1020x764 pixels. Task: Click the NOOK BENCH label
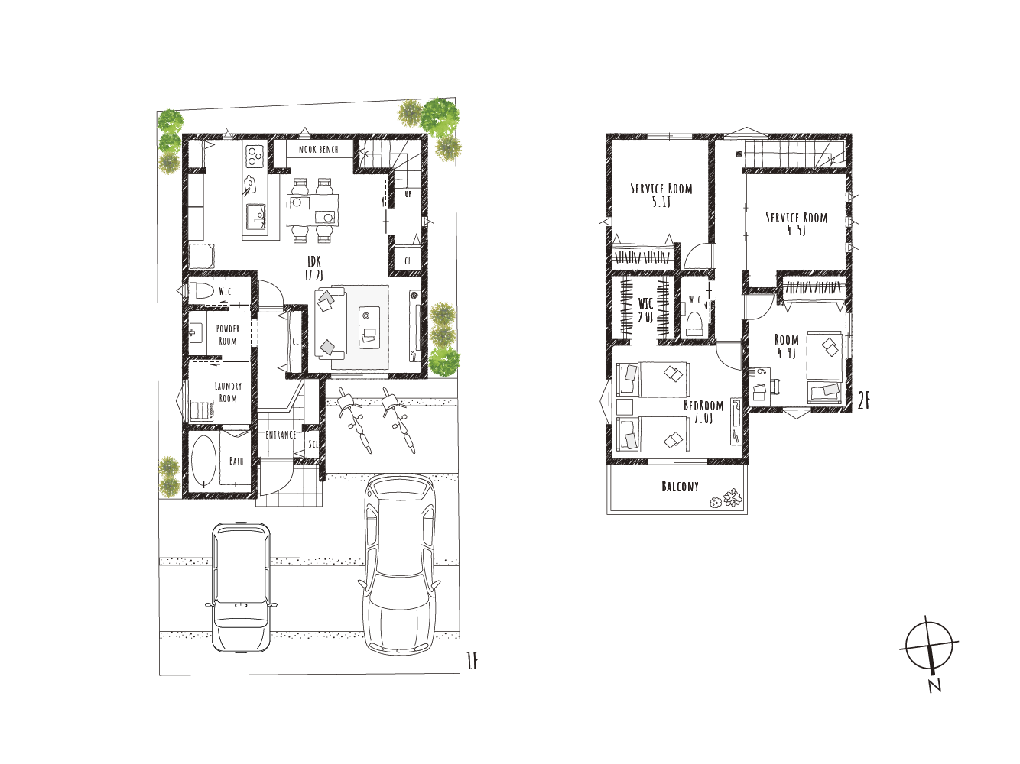[x=319, y=150]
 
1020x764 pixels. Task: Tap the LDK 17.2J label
[x=313, y=268]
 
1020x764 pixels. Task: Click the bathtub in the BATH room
[x=204, y=461]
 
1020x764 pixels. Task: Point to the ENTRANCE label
[x=281, y=435]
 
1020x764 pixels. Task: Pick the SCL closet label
[x=313, y=444]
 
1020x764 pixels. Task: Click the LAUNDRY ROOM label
[x=228, y=392]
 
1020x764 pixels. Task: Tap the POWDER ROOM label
[x=228, y=335]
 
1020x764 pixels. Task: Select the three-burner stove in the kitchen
[x=254, y=156]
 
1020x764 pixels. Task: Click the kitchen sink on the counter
[x=255, y=215]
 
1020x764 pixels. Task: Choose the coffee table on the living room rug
[x=369, y=328]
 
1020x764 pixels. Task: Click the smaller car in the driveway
[x=241, y=588]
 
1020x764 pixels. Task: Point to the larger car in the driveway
[x=400, y=565]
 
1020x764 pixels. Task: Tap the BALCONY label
[x=680, y=486]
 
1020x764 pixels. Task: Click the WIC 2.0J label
[x=645, y=310]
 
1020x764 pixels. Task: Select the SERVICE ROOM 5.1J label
[x=661, y=195]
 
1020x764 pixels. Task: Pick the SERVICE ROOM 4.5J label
[x=797, y=224]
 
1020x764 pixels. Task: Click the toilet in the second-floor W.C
[x=694, y=323]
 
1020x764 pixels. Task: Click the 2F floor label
[x=863, y=401]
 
